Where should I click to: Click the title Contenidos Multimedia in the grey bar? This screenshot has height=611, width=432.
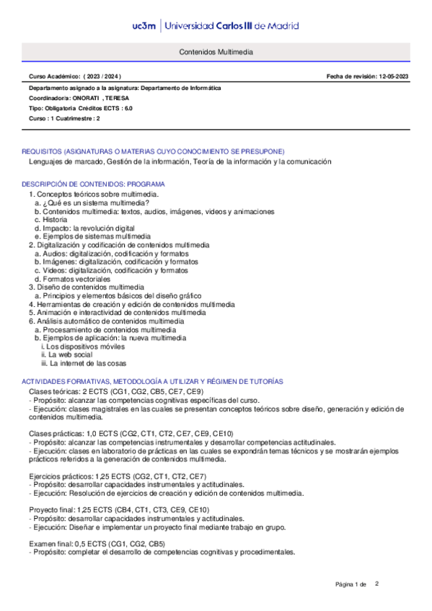click(216, 53)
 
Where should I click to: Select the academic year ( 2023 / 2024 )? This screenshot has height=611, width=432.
click(102, 76)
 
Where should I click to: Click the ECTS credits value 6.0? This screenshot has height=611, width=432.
click(128, 108)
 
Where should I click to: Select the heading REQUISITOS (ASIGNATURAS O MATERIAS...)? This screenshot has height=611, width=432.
click(153, 151)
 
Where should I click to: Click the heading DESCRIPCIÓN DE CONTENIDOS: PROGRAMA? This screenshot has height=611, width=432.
click(94, 184)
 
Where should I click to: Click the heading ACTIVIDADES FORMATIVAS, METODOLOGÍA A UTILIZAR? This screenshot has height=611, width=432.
click(152, 380)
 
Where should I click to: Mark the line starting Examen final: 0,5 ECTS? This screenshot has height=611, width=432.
click(97, 543)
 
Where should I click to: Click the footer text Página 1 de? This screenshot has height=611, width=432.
click(351, 584)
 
